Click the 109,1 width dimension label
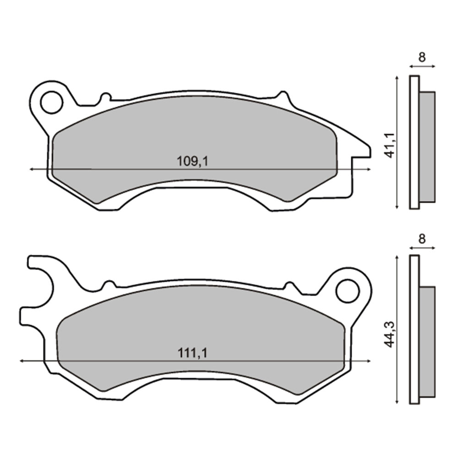tap(189, 161)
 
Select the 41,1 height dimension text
tap(390, 145)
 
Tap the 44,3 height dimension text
tap(390, 334)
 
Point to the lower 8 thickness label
tap(422, 238)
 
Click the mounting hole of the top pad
tap(51, 102)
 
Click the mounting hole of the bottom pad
tap(347, 290)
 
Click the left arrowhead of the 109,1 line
tap(31, 169)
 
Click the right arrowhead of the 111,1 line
tap(369, 361)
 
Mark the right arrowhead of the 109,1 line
tap(369, 169)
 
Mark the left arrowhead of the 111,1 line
tap(22, 361)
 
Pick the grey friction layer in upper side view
tap(427, 147)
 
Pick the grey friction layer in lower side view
tap(427, 341)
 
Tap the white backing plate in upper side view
tap(414, 142)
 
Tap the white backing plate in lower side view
tap(414, 330)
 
